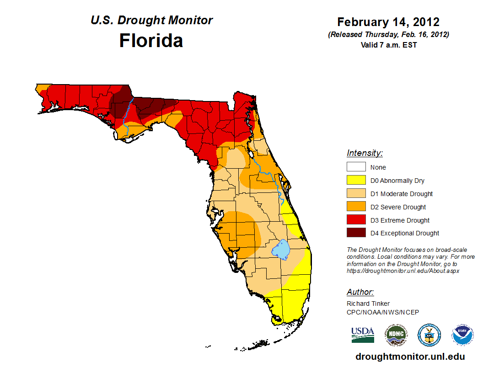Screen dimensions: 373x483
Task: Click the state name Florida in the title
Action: coord(151,41)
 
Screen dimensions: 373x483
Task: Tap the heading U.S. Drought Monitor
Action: coord(151,20)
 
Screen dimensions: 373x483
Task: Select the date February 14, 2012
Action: coord(388,22)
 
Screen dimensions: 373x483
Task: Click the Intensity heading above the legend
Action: coord(365,153)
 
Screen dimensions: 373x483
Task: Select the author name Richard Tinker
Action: coord(368,304)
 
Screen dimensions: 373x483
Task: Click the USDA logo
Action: coord(363,335)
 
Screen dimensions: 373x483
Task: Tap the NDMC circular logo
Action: coord(396,335)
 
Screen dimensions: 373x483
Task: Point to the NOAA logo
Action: coord(463,335)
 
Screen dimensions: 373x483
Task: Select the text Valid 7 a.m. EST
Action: coord(388,45)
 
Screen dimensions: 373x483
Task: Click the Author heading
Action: coord(360,292)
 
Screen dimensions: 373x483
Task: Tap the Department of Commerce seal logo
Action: coord(429,335)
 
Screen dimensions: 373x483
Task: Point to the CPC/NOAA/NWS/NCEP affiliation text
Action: coord(382,312)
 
